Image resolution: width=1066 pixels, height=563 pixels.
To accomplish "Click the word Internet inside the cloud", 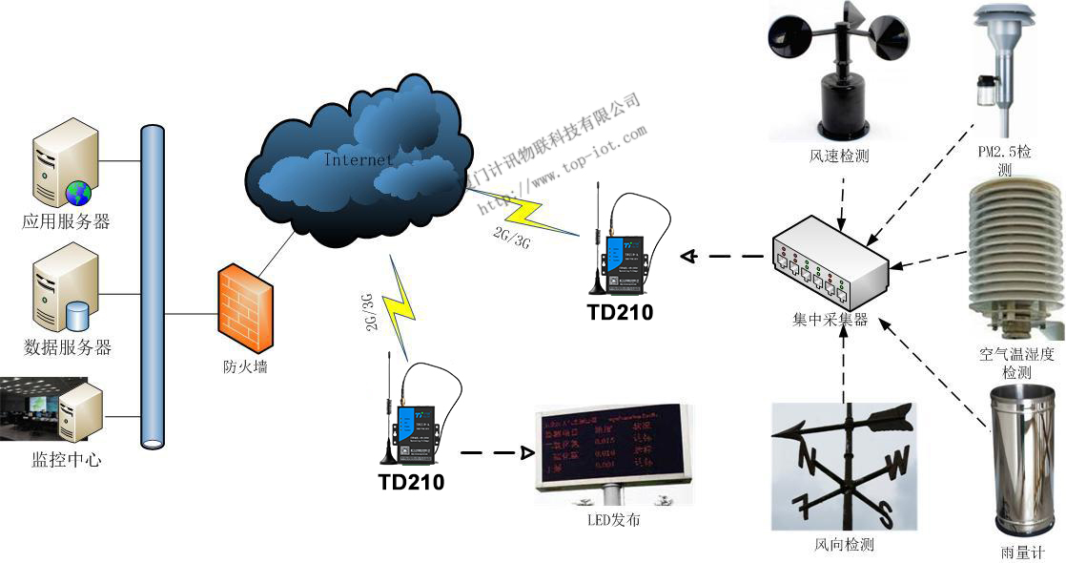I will pos(359,159).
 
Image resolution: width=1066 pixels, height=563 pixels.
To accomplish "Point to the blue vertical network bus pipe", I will pos(152,286).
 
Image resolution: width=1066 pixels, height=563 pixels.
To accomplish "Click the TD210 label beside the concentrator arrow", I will pos(621,311).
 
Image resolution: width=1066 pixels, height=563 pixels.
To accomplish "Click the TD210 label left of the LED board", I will pos(410,482).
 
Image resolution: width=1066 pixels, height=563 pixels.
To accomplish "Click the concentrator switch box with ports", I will pos(830,263).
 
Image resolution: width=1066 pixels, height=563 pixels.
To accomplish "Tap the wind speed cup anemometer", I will pos(837,72).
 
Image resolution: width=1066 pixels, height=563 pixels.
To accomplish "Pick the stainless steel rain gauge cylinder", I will pos(1023,458).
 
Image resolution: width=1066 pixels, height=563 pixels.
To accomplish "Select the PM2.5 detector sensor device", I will pos(1000,67).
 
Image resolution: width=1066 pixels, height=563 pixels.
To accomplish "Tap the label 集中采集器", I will pos(830,320).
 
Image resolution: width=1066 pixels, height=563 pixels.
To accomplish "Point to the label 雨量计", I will pos(1023,552).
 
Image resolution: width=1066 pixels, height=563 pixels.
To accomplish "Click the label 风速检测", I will pos(838,156).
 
